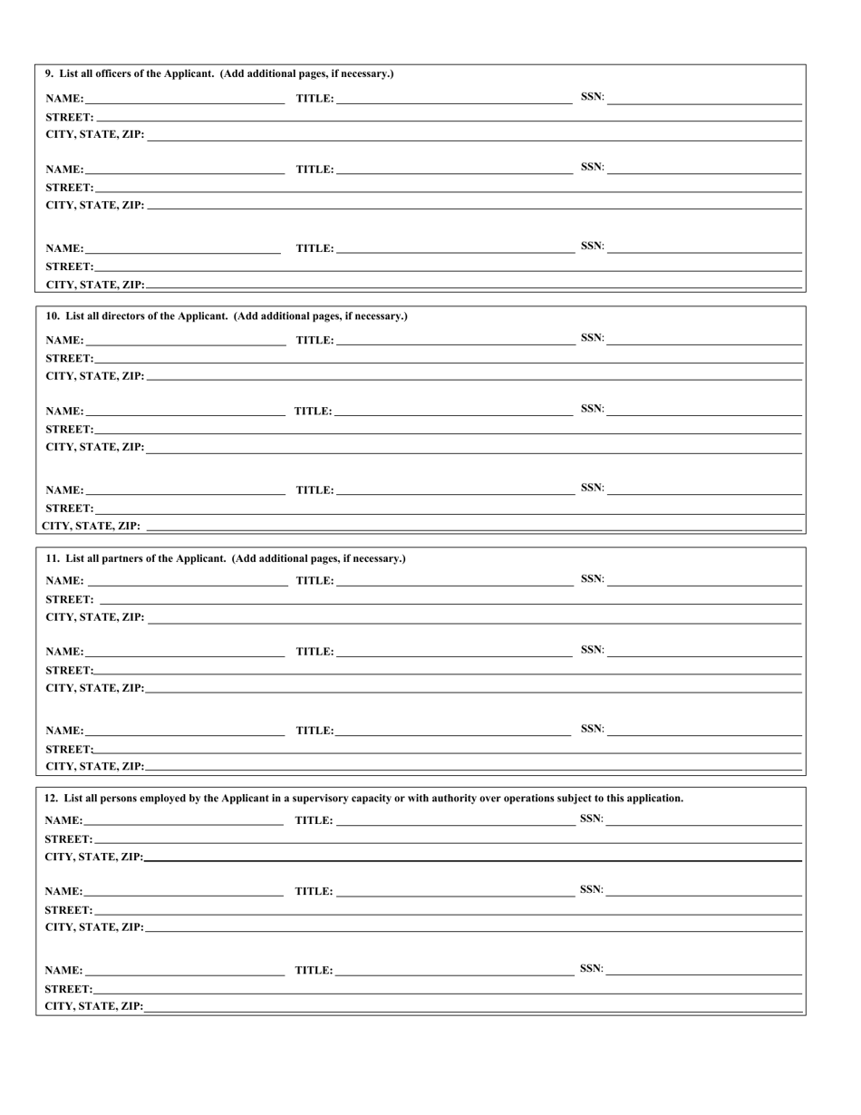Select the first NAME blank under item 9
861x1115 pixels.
pos(185,98)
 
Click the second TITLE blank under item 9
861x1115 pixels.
pos(453,169)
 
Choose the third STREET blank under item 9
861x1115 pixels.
pos(448,266)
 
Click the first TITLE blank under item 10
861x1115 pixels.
pos(453,340)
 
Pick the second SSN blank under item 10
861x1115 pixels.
pos(704,409)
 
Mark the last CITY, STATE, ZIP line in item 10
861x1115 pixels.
pos(474,526)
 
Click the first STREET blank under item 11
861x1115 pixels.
pos(450,599)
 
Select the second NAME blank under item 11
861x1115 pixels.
pos(185,652)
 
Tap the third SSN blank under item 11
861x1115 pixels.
pos(704,730)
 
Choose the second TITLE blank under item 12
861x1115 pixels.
pos(453,891)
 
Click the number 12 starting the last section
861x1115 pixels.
pos(51,799)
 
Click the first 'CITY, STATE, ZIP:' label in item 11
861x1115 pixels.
pos(94,617)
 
